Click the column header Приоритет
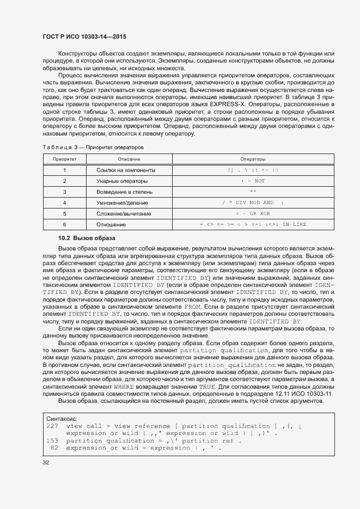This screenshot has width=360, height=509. tap(64, 160)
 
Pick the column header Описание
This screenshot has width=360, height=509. tap(129, 160)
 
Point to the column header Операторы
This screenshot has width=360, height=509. tap(253, 160)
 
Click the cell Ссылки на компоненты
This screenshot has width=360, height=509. tap(126, 170)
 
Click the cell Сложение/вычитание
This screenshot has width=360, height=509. tap(124, 214)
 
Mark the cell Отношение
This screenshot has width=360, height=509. tap(111, 225)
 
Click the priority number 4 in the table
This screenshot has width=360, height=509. tap(64, 203)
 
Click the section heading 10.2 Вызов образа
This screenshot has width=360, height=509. tap(87, 238)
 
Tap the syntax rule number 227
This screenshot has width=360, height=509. tap(53, 426)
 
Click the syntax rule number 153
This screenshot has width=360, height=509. tap(53, 440)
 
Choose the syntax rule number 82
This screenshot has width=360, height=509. tap(54, 447)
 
